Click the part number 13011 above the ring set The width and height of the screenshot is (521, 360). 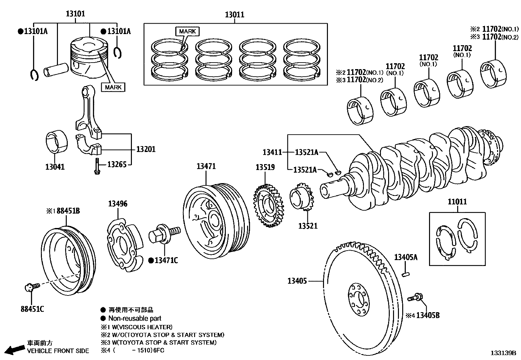click(x=234, y=14)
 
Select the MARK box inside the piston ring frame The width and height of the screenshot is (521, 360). click(x=188, y=31)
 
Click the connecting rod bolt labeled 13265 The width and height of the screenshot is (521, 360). click(x=97, y=166)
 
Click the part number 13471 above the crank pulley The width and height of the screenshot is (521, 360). click(x=206, y=166)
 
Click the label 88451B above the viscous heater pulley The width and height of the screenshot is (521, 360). click(x=68, y=211)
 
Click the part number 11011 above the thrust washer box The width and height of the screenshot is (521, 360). click(x=457, y=202)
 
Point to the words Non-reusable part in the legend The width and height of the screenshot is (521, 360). click(x=135, y=318)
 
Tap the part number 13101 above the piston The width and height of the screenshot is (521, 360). click(x=75, y=14)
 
